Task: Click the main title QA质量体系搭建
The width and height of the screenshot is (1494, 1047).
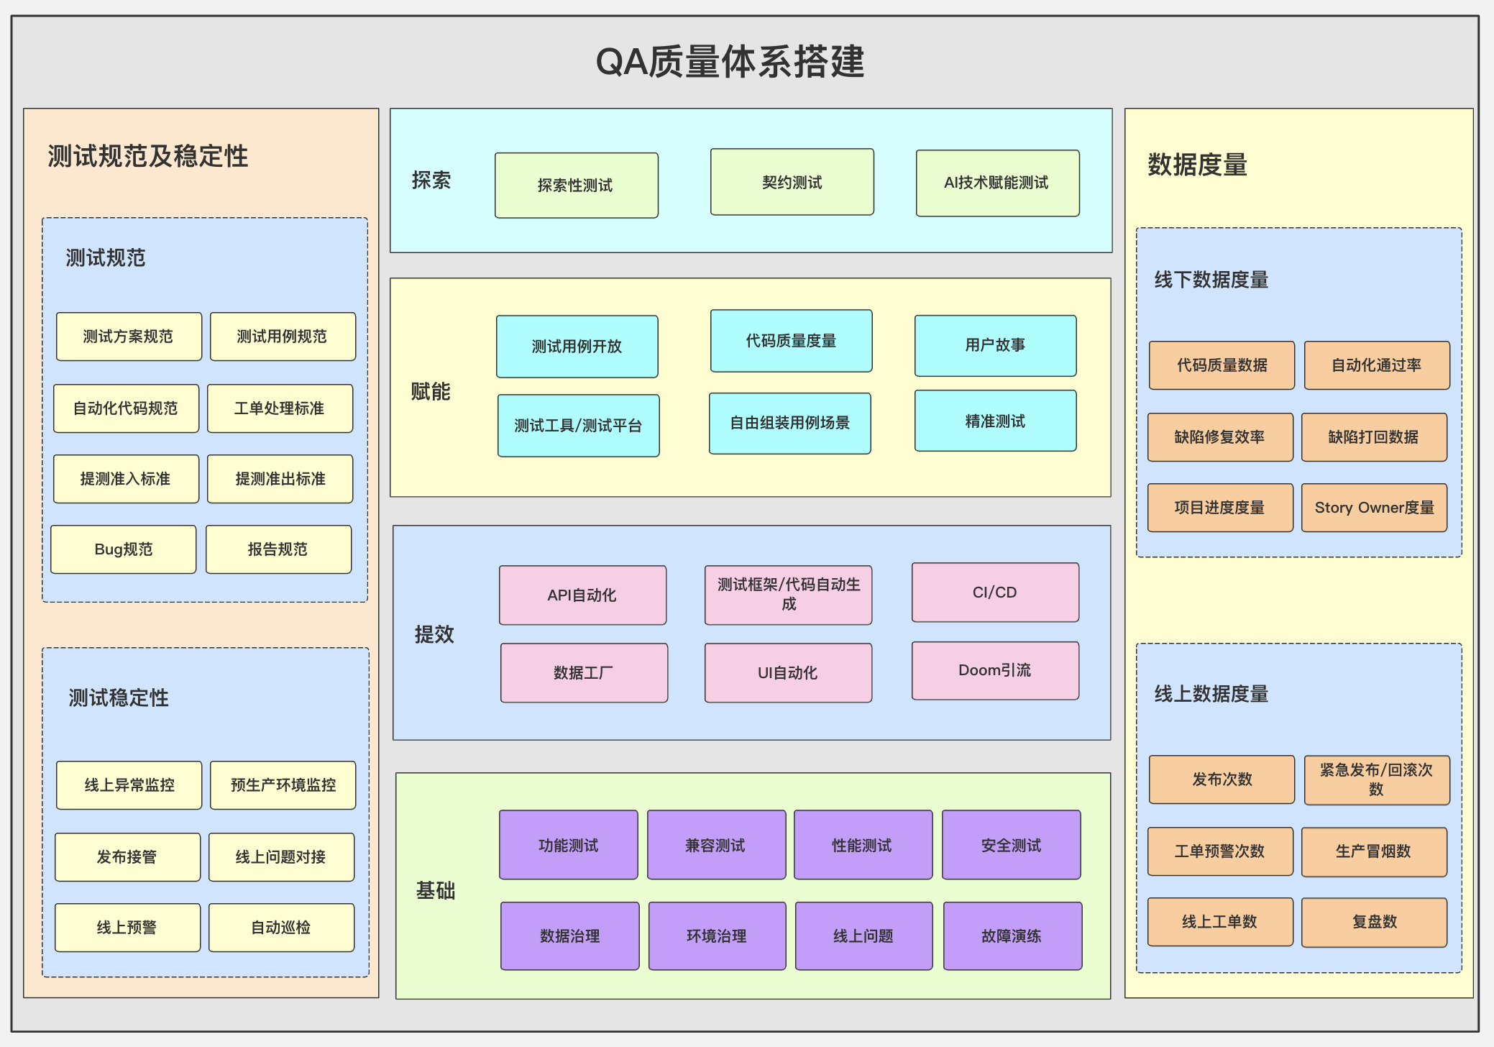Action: (x=730, y=62)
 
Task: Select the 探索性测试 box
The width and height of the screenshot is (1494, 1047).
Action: (x=576, y=186)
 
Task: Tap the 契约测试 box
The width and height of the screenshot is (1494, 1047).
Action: (x=792, y=183)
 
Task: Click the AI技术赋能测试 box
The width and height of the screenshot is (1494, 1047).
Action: (x=996, y=183)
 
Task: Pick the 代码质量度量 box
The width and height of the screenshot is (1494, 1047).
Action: (x=791, y=341)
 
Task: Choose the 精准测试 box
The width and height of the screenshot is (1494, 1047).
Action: (x=995, y=421)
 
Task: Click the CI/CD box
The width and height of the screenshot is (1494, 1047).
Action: (x=995, y=593)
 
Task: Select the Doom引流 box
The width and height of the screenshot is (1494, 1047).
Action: (x=995, y=670)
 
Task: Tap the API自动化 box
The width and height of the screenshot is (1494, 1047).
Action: (x=582, y=595)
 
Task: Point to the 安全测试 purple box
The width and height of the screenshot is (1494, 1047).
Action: (x=1011, y=845)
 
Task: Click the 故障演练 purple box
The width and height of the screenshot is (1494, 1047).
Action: (x=1012, y=936)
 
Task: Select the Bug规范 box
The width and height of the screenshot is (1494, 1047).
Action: (x=124, y=549)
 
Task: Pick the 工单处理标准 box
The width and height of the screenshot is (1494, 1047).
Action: (x=280, y=408)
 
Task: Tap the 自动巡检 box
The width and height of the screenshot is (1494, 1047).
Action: (x=281, y=928)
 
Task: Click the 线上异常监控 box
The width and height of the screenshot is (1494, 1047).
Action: (x=129, y=785)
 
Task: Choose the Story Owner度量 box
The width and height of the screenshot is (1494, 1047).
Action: (x=1374, y=508)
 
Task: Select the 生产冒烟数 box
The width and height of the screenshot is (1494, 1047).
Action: (x=1374, y=851)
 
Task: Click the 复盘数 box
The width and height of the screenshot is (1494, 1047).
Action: (x=1374, y=922)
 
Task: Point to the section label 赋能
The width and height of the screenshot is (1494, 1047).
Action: (x=431, y=391)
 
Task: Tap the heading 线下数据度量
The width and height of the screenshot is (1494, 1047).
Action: (x=1211, y=280)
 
